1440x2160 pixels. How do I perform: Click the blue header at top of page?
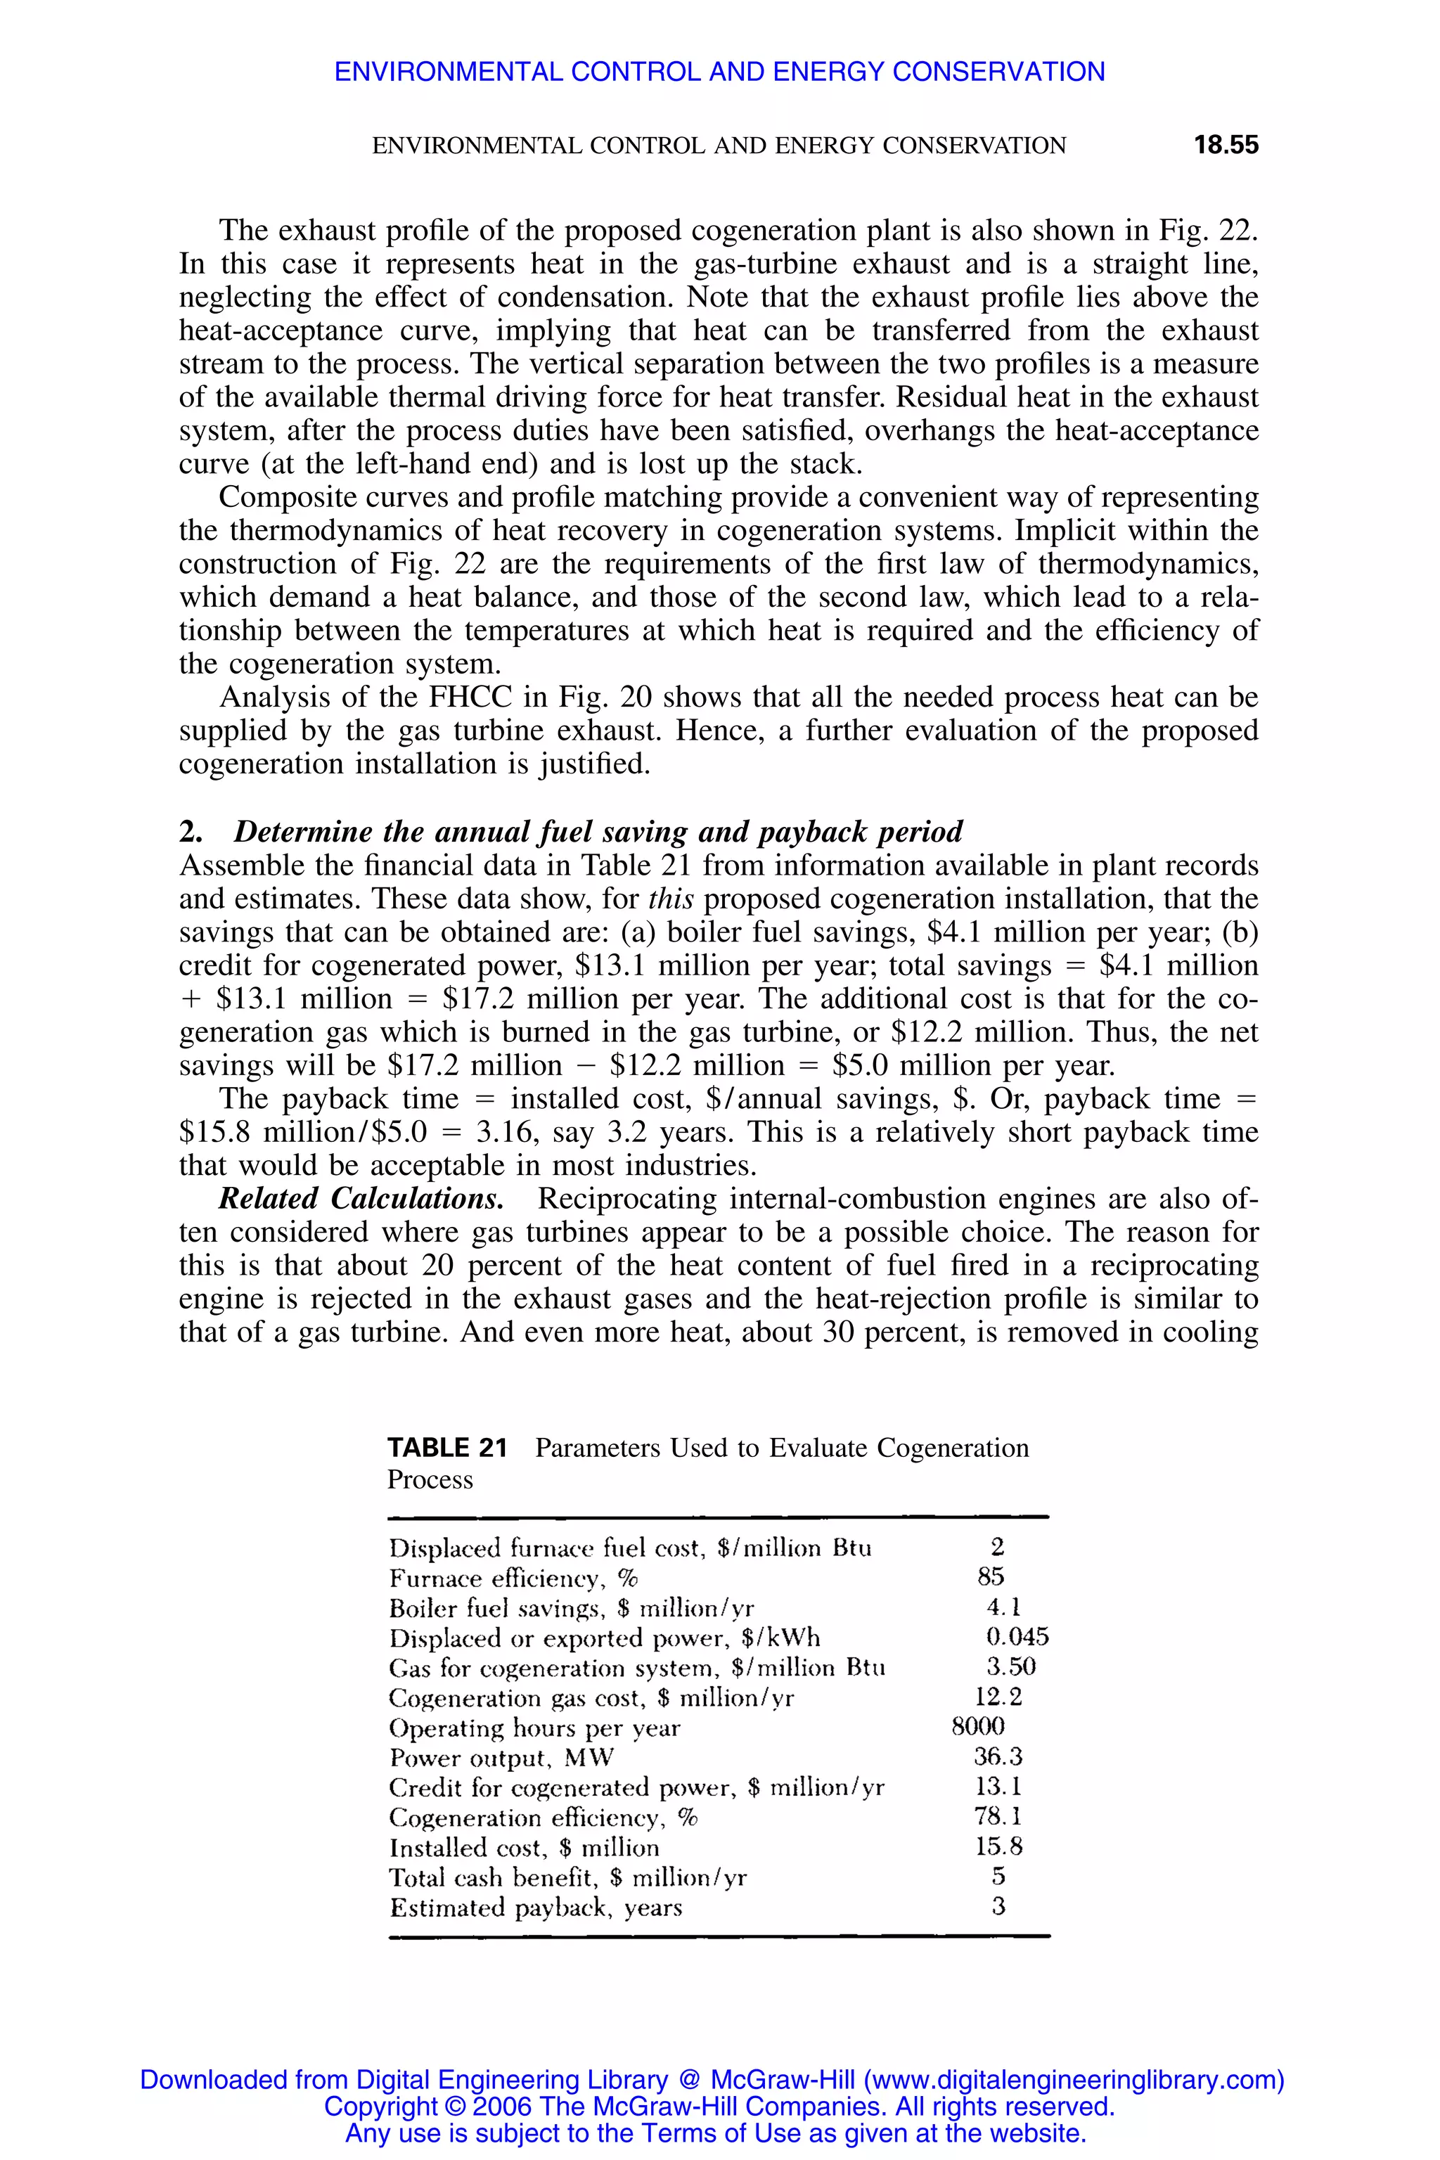tap(719, 72)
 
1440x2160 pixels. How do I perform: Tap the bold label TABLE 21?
tap(447, 1448)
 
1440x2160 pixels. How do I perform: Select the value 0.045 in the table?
tap(1017, 1638)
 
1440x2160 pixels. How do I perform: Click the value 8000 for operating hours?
tap(978, 1727)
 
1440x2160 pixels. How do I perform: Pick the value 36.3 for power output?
tap(997, 1757)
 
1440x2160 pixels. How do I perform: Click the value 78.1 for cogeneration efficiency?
tap(997, 1817)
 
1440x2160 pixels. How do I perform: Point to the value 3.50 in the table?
tap(1011, 1667)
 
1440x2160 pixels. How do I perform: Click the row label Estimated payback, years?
tap(535, 1908)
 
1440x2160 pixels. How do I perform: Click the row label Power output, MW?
tap(501, 1758)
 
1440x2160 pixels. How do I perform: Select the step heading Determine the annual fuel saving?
tap(597, 832)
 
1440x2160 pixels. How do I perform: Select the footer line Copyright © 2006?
tap(719, 2107)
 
